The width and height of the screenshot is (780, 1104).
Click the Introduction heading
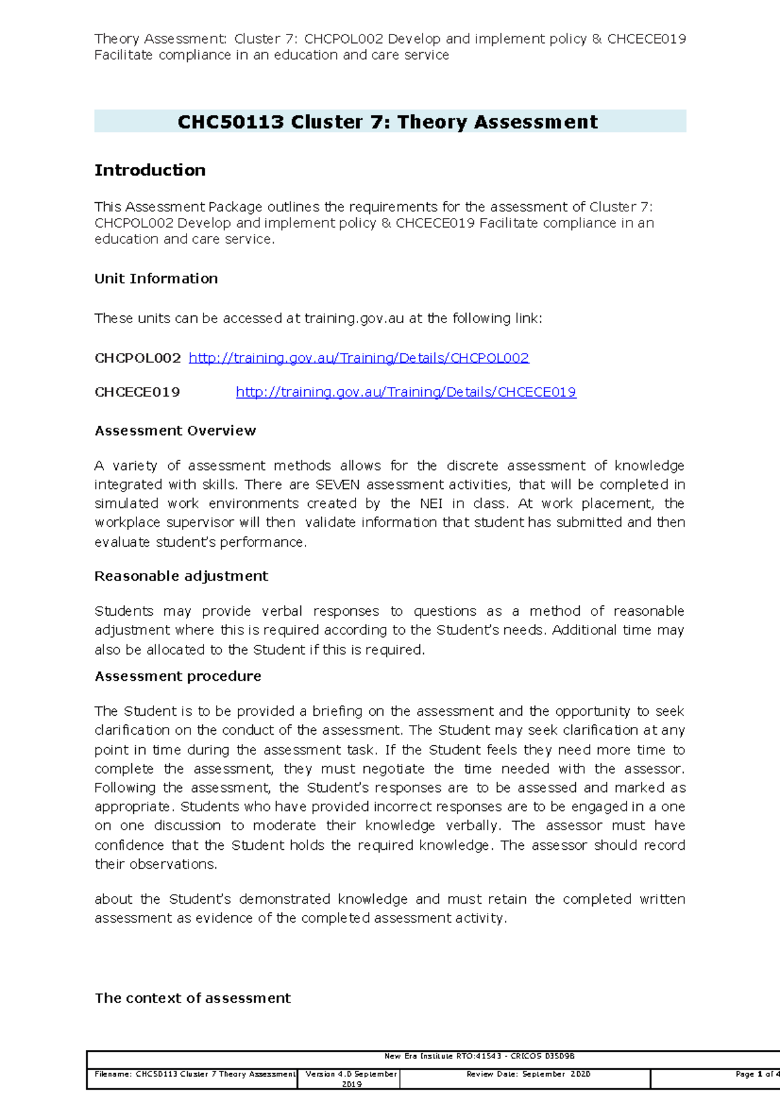pos(149,170)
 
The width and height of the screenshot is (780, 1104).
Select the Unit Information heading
pos(156,279)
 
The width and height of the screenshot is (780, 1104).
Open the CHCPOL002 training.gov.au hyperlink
pos(358,358)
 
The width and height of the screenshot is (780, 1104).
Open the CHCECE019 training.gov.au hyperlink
pos(406,392)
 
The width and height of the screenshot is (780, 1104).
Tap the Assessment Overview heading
pos(175,431)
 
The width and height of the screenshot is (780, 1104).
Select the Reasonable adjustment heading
pos(181,577)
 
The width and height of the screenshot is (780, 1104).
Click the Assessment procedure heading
pos(177,677)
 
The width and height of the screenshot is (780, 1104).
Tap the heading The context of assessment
pos(192,999)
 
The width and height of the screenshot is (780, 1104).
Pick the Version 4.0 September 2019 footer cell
pos(350,1079)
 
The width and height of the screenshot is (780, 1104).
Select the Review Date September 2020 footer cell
pos(527,1075)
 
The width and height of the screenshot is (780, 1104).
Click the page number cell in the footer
pos(754,1075)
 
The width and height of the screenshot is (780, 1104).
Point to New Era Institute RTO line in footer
pos(479,1057)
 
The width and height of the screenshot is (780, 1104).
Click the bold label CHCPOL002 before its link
pos(137,358)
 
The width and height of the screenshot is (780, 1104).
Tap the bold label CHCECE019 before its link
pos(137,392)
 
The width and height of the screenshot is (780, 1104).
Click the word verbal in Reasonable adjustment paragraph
pos(281,612)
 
